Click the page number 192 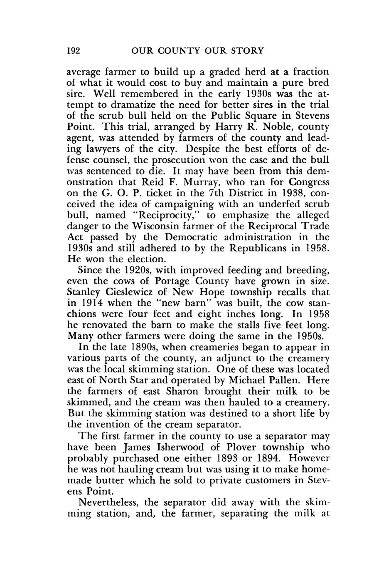tap(73, 51)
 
